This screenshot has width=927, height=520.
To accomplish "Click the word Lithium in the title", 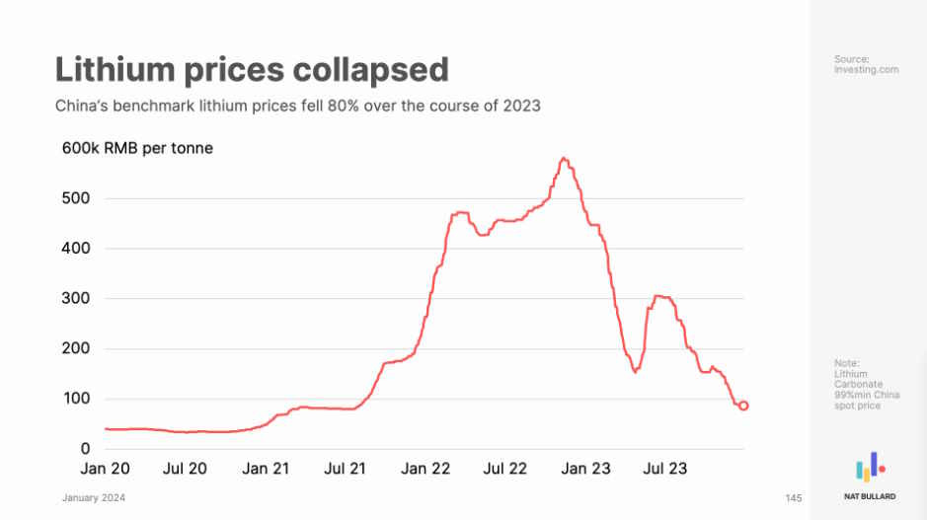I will tap(112, 69).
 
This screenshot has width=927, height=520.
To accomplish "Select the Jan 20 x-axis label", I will tap(105, 469).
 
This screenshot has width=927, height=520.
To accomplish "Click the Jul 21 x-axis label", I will tap(346, 469).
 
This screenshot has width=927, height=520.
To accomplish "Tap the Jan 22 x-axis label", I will tap(425, 469).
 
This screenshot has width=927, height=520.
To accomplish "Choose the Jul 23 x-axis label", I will tap(666, 469).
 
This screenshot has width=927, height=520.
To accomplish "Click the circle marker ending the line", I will tap(743, 406).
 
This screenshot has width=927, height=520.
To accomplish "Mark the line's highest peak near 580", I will tap(563, 158).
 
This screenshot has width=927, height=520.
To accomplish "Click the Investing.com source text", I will tap(866, 70).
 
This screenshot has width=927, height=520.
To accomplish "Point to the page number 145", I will tap(794, 497).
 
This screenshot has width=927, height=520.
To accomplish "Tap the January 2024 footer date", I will tap(94, 497).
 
